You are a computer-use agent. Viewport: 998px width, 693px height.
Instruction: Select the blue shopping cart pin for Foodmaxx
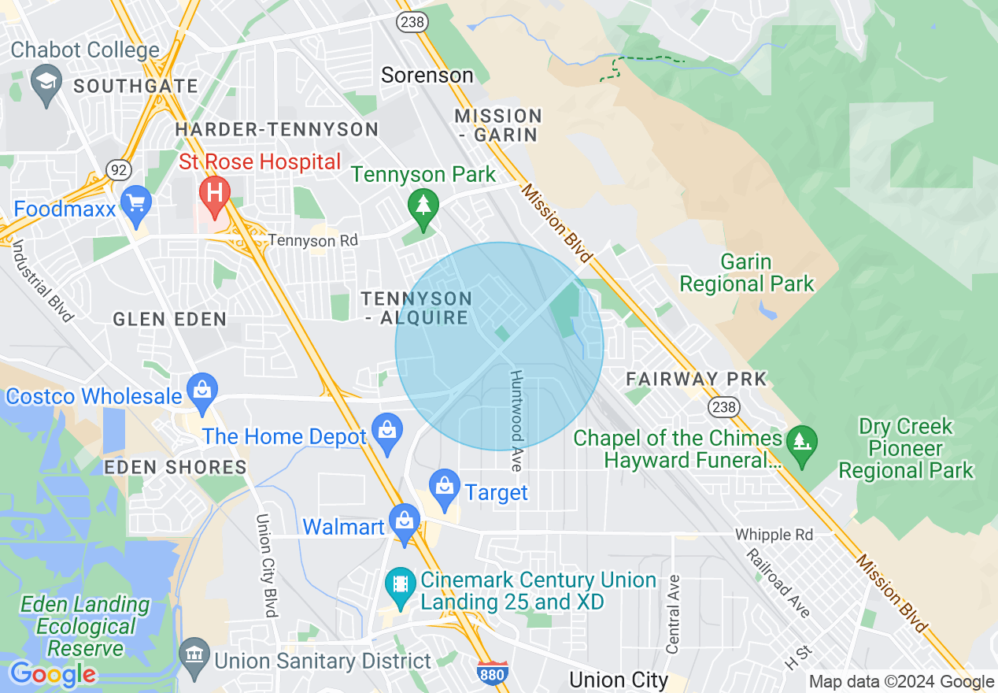[x=138, y=201]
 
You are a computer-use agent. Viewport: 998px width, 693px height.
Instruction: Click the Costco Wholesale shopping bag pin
[x=202, y=391]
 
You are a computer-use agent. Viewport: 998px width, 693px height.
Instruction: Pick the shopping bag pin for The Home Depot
[x=386, y=432]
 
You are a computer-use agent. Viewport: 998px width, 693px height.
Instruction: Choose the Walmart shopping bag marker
[x=405, y=522]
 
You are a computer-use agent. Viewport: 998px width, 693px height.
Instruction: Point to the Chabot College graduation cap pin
[x=46, y=82]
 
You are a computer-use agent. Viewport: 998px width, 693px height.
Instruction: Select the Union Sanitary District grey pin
[x=193, y=655]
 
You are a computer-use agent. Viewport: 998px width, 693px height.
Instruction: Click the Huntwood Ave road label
[x=516, y=421]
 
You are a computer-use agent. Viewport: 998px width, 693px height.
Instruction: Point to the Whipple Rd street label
[x=774, y=535]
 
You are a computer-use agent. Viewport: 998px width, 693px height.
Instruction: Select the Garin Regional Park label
[x=746, y=272]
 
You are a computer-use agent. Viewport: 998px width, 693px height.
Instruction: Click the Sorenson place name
[x=427, y=75]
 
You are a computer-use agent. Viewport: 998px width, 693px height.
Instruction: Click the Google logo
[x=53, y=674]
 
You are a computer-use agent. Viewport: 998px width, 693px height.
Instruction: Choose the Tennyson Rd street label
[x=312, y=239]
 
